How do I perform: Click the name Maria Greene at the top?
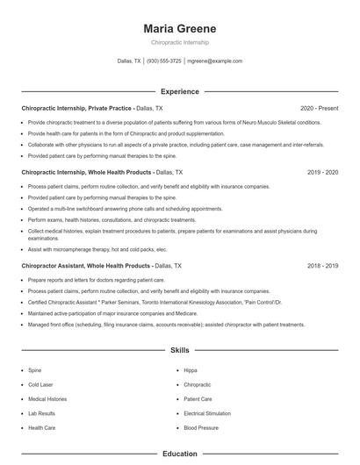coord(180,28)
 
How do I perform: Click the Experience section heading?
coord(180,91)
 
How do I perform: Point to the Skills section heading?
coord(180,350)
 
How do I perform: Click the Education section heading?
coord(180,454)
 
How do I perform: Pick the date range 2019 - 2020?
coord(322,172)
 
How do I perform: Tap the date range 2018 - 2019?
coord(322,265)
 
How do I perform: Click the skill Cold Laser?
coord(41,385)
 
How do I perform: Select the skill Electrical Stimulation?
coord(207,413)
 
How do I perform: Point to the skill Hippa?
coord(191,371)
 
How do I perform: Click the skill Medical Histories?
coord(47,399)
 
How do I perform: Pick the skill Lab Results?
coord(41,413)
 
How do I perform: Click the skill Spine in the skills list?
coord(35,371)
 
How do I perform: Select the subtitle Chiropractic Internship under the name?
coord(180,42)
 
